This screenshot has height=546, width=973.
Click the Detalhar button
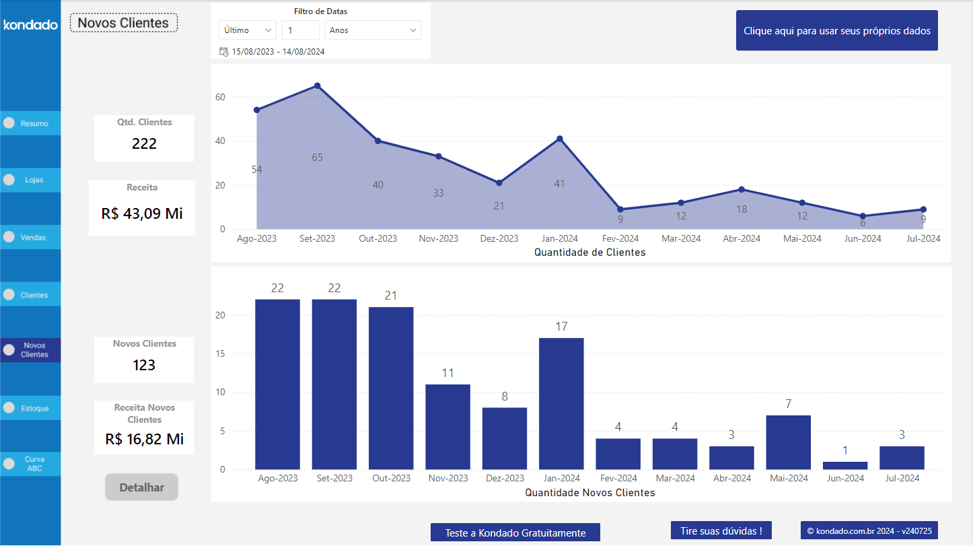[x=141, y=487]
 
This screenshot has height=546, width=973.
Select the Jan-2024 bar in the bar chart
[x=561, y=404]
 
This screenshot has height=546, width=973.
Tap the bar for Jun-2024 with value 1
[x=845, y=465]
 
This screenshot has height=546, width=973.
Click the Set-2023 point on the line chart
[x=317, y=86]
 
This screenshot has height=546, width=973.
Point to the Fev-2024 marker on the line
[x=620, y=209]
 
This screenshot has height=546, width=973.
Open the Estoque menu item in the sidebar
[x=30, y=408]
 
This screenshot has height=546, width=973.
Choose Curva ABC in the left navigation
[x=30, y=464]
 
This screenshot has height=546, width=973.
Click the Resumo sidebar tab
[x=30, y=123]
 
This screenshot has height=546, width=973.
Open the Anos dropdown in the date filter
[x=373, y=30]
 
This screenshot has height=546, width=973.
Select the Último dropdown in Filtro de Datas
[x=247, y=30]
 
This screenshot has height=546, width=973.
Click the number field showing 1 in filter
[x=300, y=30]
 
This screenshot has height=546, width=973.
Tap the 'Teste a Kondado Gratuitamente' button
[x=515, y=533]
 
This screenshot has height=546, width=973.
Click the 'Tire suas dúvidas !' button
[x=721, y=531]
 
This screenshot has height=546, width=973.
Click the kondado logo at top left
[x=30, y=25]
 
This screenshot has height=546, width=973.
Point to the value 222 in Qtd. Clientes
[x=144, y=143]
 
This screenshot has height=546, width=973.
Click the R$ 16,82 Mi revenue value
[x=144, y=439]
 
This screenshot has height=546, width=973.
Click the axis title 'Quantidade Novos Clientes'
[x=589, y=493]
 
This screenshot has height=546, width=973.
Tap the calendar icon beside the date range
[x=223, y=52]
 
